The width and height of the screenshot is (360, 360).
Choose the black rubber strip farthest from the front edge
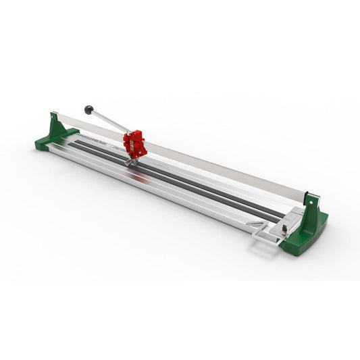point(203,182)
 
